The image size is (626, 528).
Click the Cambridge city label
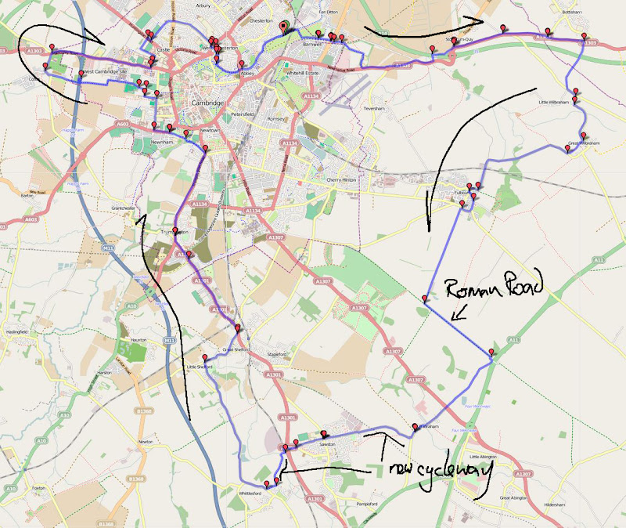[207, 103]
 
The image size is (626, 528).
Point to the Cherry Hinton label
[341, 179]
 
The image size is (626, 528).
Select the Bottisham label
[571, 13]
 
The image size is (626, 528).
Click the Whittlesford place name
[257, 494]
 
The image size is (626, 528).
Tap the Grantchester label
[124, 208]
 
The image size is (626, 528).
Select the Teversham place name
[375, 107]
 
